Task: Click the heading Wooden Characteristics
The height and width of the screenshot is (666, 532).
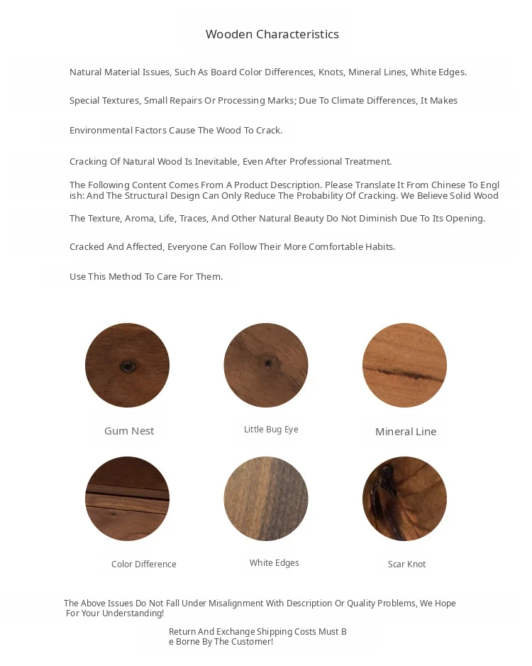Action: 272,34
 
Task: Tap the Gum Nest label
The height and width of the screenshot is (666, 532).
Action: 129,431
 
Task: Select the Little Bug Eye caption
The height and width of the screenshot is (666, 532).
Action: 271,430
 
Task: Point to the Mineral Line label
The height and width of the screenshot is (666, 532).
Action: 405,432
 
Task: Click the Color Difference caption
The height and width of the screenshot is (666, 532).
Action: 143,564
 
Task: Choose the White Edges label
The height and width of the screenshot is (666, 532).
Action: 274,563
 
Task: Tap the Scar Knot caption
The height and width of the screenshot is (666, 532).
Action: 406,564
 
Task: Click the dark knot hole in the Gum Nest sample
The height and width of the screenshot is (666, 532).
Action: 128,366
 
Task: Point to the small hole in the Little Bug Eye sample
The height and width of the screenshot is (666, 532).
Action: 267,363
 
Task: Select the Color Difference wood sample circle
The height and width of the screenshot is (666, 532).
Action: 127,498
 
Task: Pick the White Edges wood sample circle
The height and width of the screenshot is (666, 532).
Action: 266,498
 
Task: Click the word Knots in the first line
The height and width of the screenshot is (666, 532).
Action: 331,72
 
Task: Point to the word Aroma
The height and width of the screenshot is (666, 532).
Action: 139,219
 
